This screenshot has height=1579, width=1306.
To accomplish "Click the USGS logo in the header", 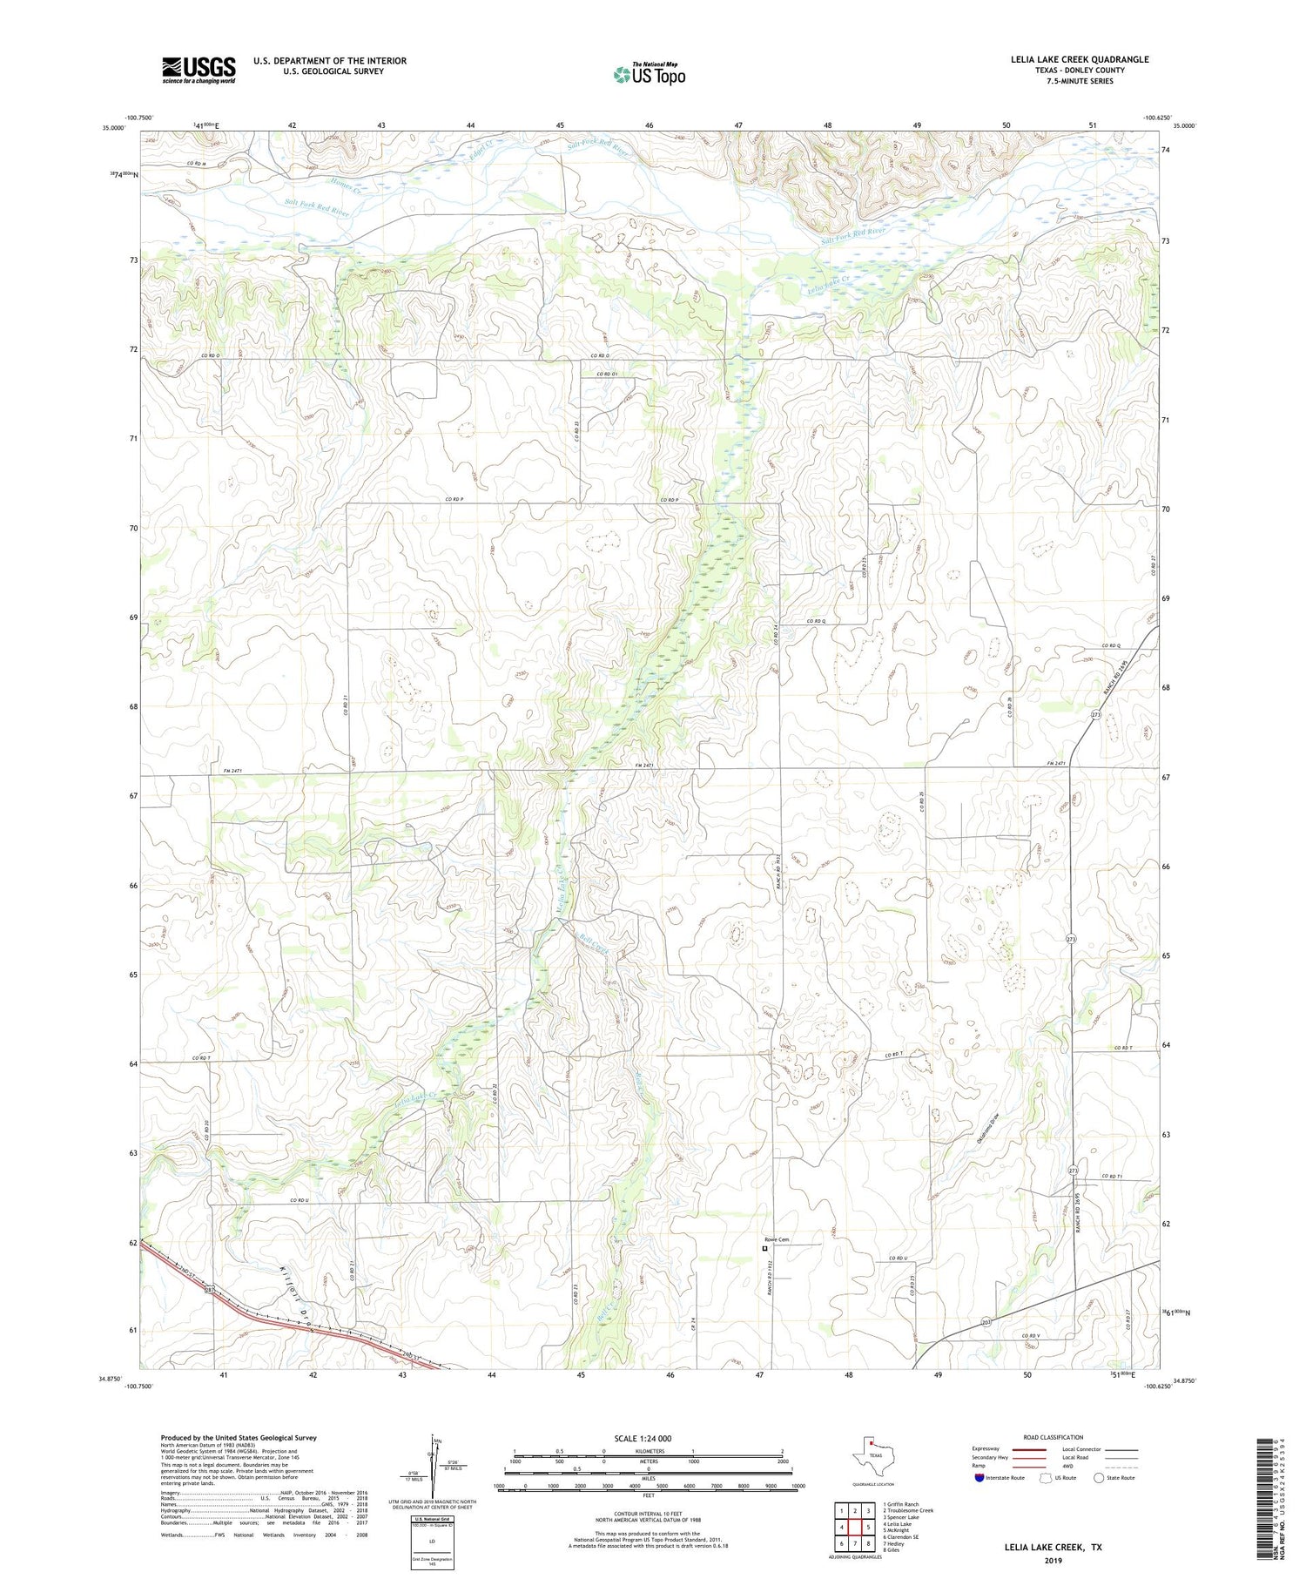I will [199, 70].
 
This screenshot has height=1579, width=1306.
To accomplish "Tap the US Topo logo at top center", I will [649, 74].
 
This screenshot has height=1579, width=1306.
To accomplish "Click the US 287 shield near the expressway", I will [210, 1288].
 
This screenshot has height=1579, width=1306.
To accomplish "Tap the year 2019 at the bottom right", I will [1053, 1561].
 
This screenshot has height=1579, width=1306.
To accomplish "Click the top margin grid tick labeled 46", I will [649, 125].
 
